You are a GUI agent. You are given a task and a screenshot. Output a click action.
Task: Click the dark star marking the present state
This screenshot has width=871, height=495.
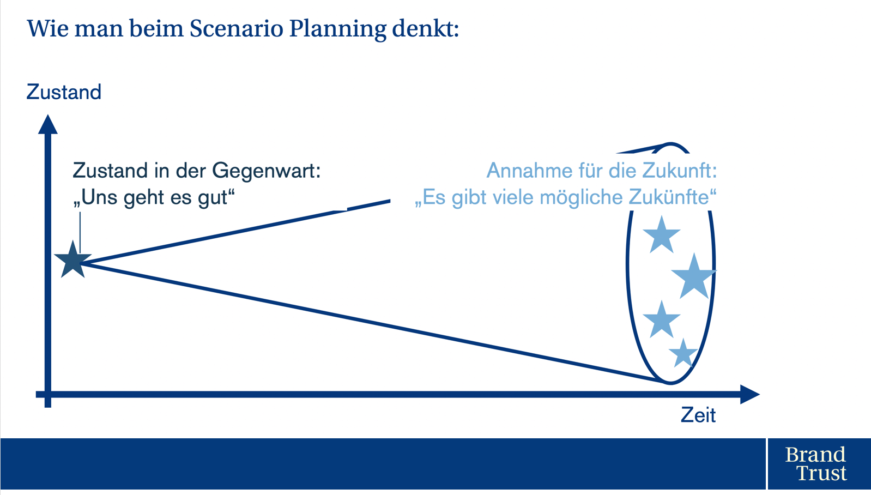(x=72, y=259)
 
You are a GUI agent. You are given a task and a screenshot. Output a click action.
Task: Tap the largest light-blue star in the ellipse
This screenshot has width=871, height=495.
(x=694, y=276)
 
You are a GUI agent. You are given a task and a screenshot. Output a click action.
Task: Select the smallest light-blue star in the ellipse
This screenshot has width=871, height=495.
(x=683, y=353)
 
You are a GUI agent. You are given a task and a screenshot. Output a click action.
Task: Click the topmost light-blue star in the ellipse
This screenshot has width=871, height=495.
(x=661, y=236)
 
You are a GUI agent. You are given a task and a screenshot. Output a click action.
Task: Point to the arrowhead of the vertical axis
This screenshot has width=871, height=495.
(x=48, y=124)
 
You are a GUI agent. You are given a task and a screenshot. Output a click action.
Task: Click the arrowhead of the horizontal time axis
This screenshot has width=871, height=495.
(x=749, y=394)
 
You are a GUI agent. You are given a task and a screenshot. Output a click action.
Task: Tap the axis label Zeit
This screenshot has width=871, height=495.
(x=698, y=415)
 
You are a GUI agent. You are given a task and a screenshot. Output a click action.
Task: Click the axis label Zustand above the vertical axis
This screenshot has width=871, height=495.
(x=64, y=92)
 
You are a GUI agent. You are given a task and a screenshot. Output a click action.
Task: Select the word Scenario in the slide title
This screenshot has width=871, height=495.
(x=237, y=28)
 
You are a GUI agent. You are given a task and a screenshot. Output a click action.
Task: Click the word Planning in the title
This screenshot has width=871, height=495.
(x=338, y=29)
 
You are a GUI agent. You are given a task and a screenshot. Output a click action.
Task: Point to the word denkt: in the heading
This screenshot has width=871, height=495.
(x=425, y=28)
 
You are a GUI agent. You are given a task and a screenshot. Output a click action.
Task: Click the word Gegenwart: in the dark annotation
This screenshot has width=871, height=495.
(x=267, y=171)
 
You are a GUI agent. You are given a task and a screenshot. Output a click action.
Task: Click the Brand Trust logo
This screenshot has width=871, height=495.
(x=815, y=463)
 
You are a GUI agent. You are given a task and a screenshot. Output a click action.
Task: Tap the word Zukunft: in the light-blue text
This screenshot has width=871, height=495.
(x=679, y=170)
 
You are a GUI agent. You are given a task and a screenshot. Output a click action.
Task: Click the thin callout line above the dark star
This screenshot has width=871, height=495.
(x=80, y=233)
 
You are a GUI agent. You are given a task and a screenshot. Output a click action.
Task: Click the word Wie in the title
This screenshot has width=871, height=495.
(x=48, y=28)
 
